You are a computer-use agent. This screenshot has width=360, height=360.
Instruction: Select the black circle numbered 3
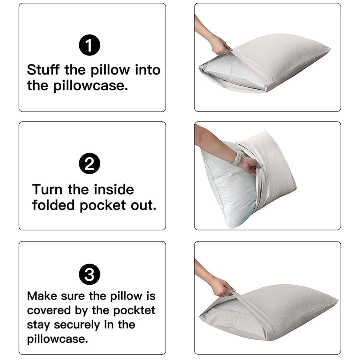(x=90, y=275)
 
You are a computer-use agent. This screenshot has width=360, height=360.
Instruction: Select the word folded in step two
(x=54, y=205)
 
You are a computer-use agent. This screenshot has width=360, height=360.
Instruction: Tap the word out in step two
(x=144, y=205)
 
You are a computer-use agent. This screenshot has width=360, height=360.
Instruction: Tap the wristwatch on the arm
(x=237, y=159)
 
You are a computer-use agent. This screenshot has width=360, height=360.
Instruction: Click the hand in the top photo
(x=220, y=45)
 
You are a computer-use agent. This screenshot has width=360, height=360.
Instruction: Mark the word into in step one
(x=148, y=70)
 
